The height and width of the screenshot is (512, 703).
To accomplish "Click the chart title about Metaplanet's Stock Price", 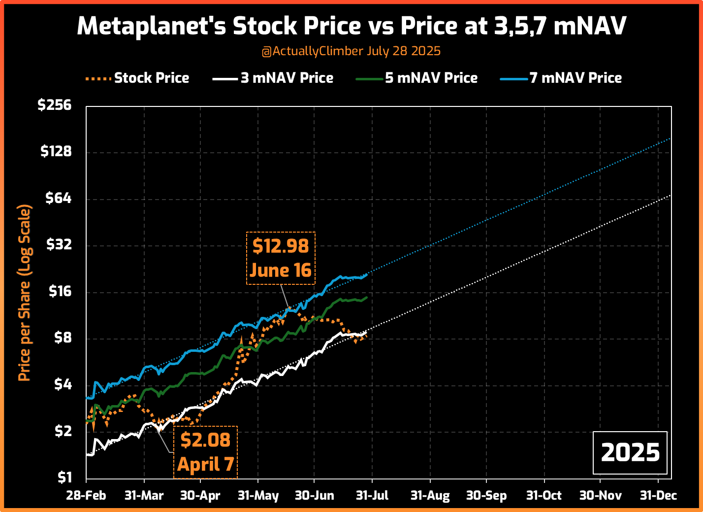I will [x=351, y=26].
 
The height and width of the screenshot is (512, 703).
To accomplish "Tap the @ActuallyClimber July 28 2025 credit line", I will [x=351, y=51].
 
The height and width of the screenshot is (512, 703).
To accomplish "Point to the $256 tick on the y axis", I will [x=55, y=105].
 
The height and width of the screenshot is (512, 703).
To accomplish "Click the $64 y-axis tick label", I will [x=58, y=198].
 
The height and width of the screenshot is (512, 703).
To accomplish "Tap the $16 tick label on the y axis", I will [x=59, y=291].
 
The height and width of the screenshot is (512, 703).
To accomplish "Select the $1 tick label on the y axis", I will [x=64, y=478].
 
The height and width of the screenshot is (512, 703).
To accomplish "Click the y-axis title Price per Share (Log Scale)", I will [x=25, y=293].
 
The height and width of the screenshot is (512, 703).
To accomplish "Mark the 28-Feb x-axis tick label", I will [x=86, y=496].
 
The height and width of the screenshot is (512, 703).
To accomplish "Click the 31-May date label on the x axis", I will [x=258, y=496].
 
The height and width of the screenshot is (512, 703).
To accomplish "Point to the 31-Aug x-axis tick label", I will [x=430, y=496].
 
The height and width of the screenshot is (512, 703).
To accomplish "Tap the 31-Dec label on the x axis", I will [x=658, y=496].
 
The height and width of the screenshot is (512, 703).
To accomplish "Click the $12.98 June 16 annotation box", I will [x=281, y=258].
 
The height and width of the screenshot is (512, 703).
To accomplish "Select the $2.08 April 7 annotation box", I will [x=205, y=452].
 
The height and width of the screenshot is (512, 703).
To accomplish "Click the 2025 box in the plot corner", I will [x=630, y=452].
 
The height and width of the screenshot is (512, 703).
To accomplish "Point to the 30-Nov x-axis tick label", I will [x=600, y=496].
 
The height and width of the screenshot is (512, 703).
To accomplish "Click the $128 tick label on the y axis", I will [x=56, y=152].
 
